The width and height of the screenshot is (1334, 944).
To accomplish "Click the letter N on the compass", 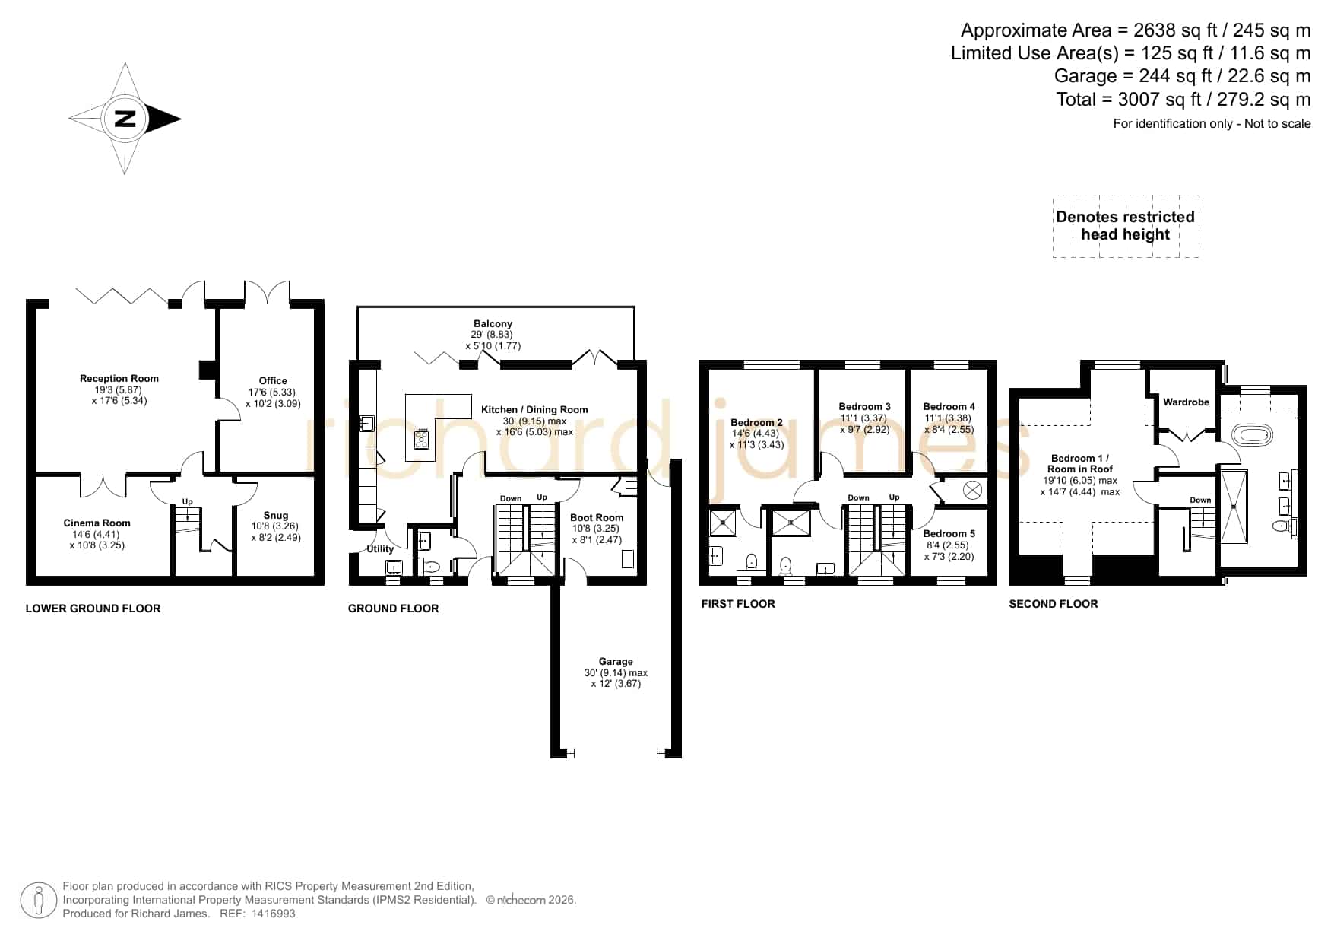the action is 125,119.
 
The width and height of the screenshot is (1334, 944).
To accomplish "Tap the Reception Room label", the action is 119,379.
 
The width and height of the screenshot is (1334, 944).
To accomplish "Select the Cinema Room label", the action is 97,523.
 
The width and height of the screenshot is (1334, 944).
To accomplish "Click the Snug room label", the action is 276,516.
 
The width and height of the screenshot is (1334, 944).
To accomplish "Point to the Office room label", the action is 273,381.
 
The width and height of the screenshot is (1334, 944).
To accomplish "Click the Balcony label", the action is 493,324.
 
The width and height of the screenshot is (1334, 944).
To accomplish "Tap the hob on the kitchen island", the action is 422,439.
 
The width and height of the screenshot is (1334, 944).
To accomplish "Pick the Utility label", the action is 380,549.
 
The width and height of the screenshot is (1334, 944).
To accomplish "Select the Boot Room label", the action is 597,518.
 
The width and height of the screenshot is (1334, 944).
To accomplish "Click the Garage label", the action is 616,662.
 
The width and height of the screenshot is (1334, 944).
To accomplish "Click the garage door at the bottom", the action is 616,753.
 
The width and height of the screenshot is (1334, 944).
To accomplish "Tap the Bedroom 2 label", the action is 756,423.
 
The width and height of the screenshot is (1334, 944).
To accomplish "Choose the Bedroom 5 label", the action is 949,534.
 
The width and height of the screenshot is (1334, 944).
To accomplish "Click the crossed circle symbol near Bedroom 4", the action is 972,491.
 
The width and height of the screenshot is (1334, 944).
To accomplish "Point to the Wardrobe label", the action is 1186,402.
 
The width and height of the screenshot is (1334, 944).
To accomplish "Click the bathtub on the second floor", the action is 1252,436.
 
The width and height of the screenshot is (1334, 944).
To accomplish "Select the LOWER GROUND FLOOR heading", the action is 93,609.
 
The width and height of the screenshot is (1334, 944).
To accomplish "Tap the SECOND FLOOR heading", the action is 1054,604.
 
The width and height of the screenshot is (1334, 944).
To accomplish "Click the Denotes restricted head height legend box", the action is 1126,226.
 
